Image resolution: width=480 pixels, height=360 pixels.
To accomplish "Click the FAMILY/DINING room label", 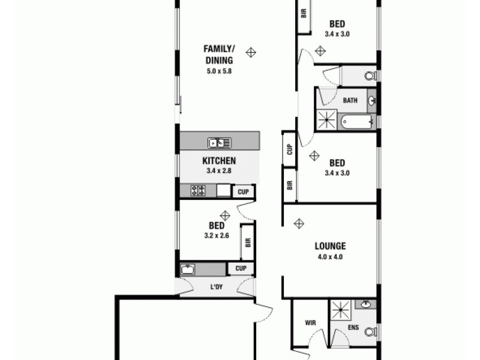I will [218, 54].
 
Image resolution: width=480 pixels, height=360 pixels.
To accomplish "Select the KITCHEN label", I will [218, 161].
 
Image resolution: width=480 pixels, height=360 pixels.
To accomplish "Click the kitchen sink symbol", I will [220, 143].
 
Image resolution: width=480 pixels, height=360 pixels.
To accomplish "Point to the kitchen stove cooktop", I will [198, 191].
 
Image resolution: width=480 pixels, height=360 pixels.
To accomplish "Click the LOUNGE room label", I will [330, 246].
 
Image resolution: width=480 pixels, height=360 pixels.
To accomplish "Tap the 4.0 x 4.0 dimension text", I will [330, 257].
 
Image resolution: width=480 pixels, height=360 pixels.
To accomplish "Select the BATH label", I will [350, 101].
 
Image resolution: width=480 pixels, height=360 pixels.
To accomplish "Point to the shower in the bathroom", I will [327, 120].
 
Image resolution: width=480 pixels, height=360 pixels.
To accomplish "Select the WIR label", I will [310, 323].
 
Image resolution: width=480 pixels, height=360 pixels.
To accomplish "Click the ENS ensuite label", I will [354, 328].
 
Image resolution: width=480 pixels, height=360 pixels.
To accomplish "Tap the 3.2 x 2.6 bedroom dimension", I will [216, 236].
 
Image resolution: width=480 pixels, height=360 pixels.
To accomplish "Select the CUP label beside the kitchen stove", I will [243, 192].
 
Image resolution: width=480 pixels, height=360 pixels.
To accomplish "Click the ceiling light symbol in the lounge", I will [299, 224].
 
